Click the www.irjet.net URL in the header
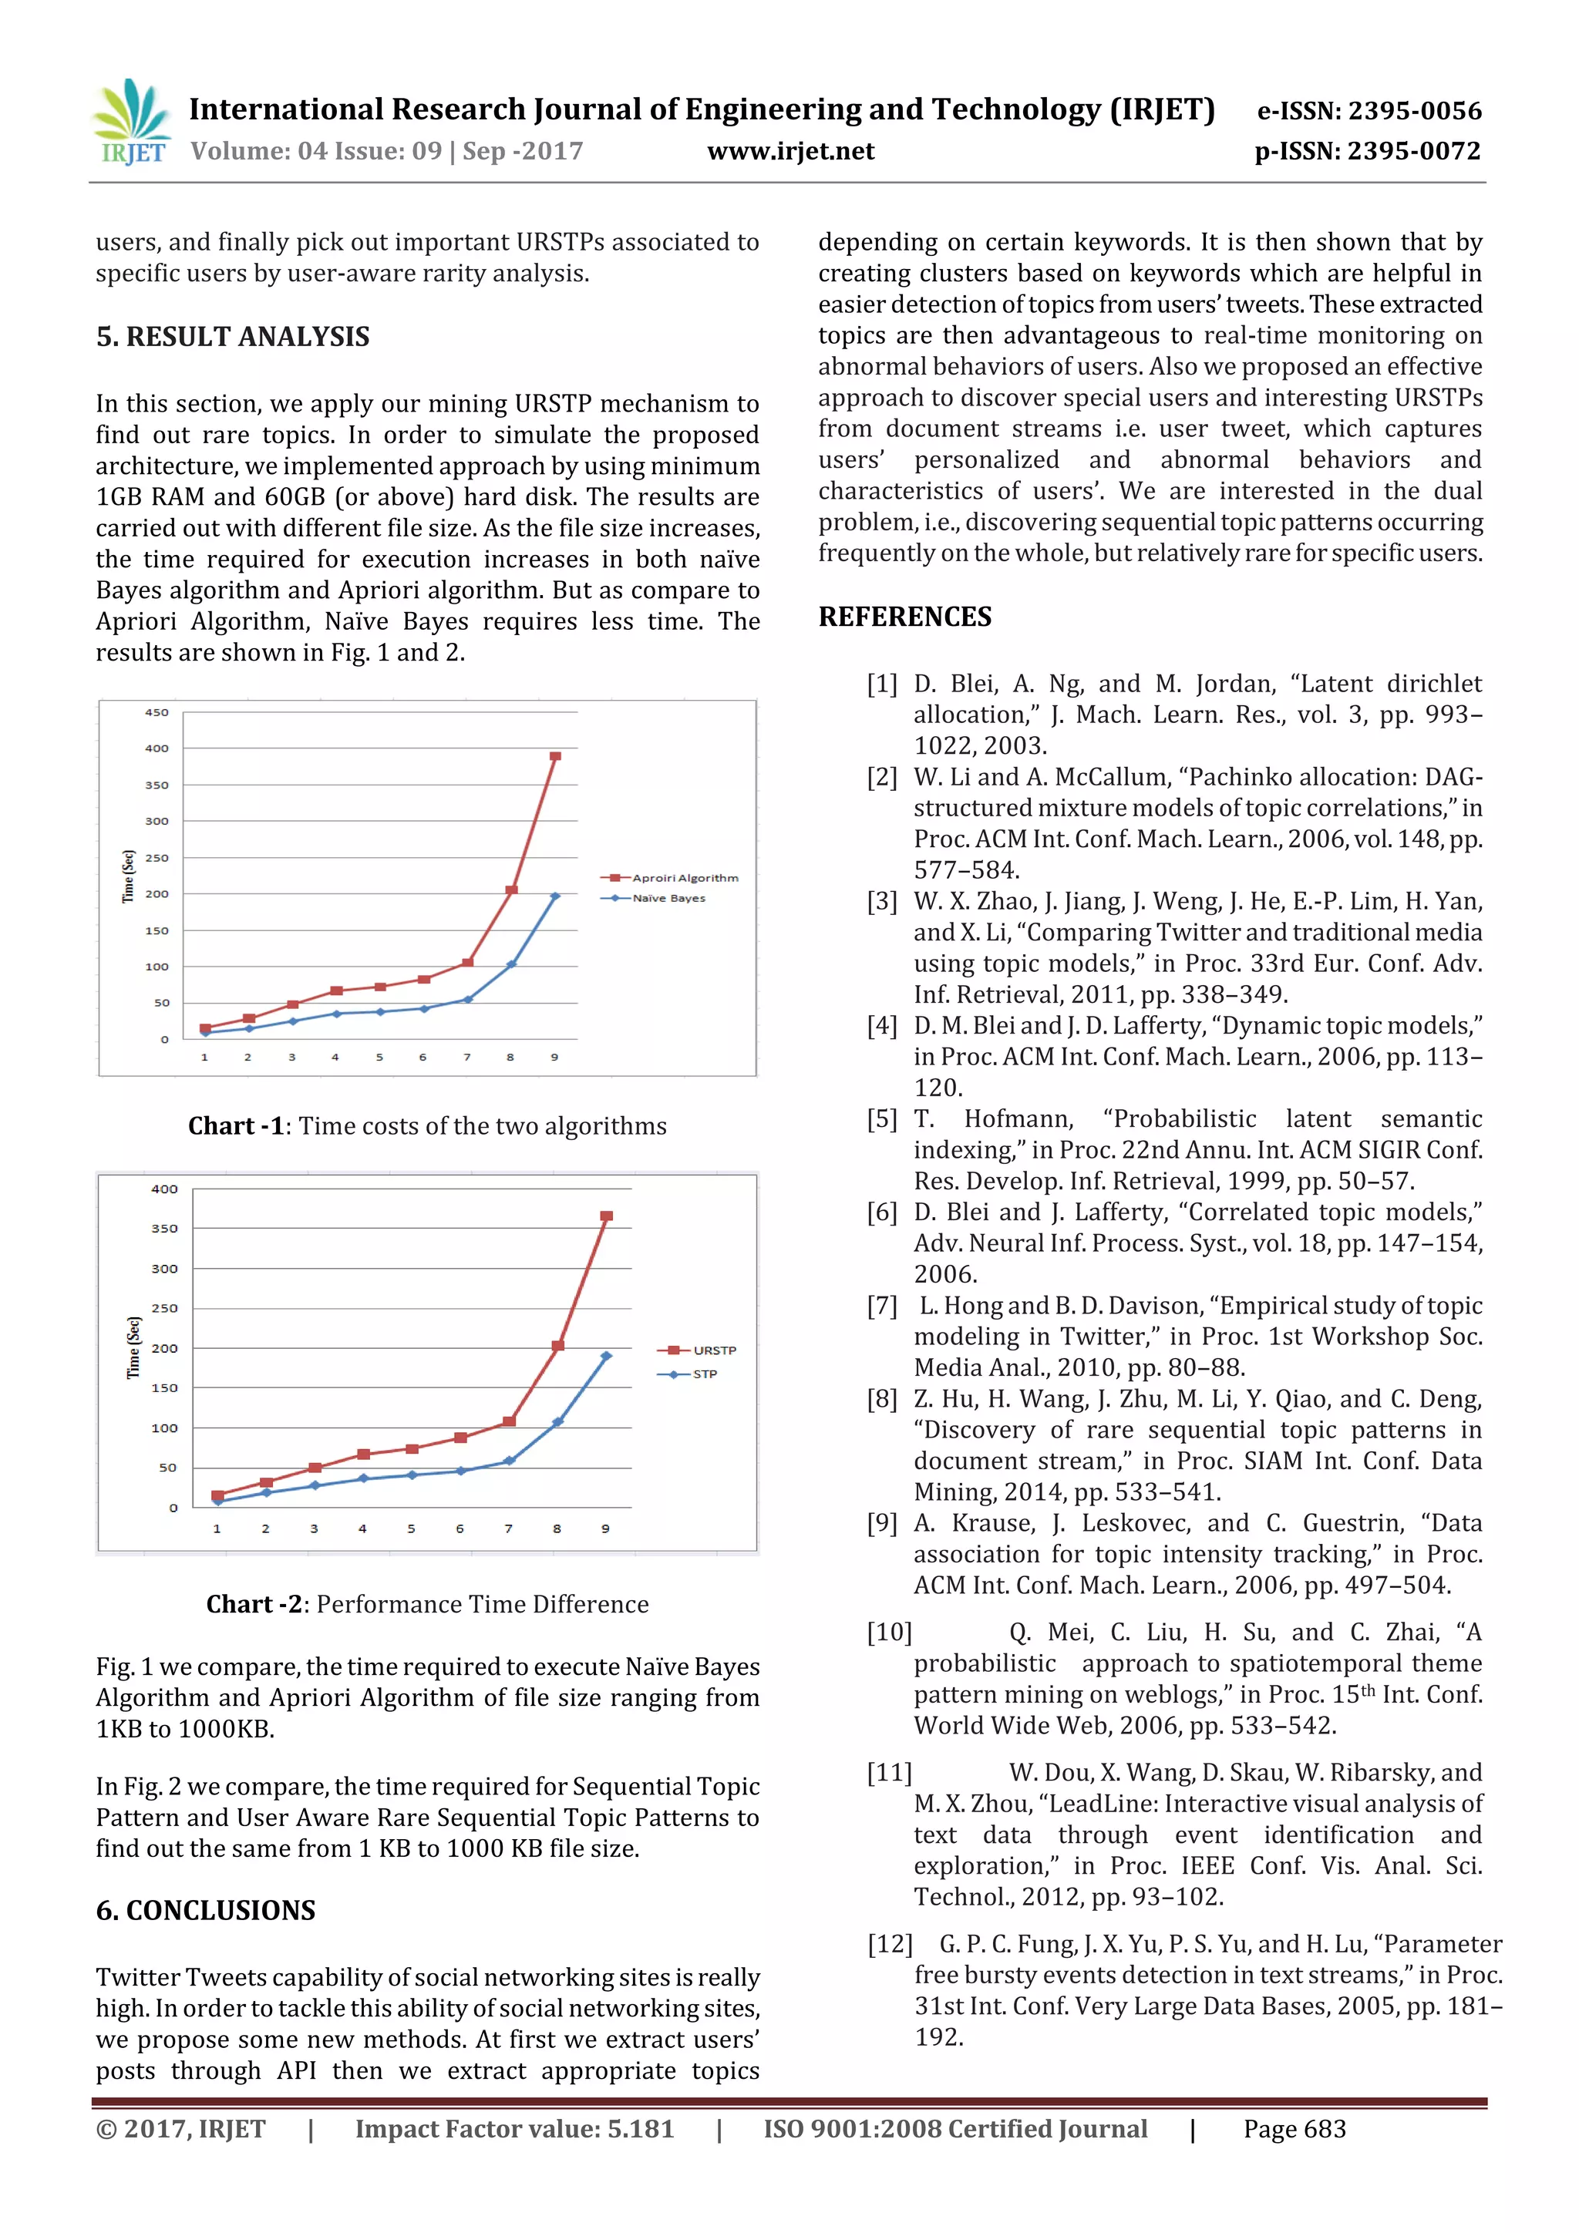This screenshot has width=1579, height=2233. (790, 152)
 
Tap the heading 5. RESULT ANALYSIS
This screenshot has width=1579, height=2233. (233, 337)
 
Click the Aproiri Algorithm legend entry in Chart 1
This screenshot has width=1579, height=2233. (684, 878)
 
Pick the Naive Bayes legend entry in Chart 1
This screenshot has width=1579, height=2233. (668, 899)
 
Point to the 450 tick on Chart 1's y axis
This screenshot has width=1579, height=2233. (157, 713)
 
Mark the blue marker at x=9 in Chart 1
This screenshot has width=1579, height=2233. (554, 896)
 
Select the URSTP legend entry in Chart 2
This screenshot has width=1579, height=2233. (713, 1350)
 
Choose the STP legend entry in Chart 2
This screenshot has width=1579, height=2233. (705, 1374)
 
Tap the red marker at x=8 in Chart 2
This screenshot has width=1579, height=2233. (557, 1346)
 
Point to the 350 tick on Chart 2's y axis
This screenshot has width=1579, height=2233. (164, 1229)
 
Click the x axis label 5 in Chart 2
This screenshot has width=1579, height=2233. (411, 1528)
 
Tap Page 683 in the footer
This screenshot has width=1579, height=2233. (1294, 2129)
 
